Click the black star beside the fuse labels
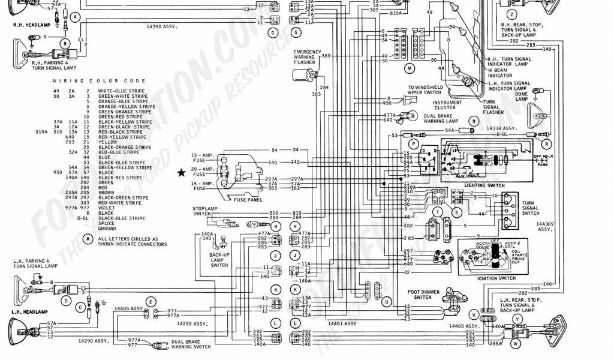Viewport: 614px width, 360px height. click(x=181, y=173)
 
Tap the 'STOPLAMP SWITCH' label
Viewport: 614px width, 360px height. click(x=201, y=211)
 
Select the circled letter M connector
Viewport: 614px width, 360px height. click(x=410, y=68)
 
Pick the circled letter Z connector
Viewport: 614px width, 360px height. click(x=511, y=14)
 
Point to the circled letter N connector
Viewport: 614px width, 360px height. click(x=474, y=121)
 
